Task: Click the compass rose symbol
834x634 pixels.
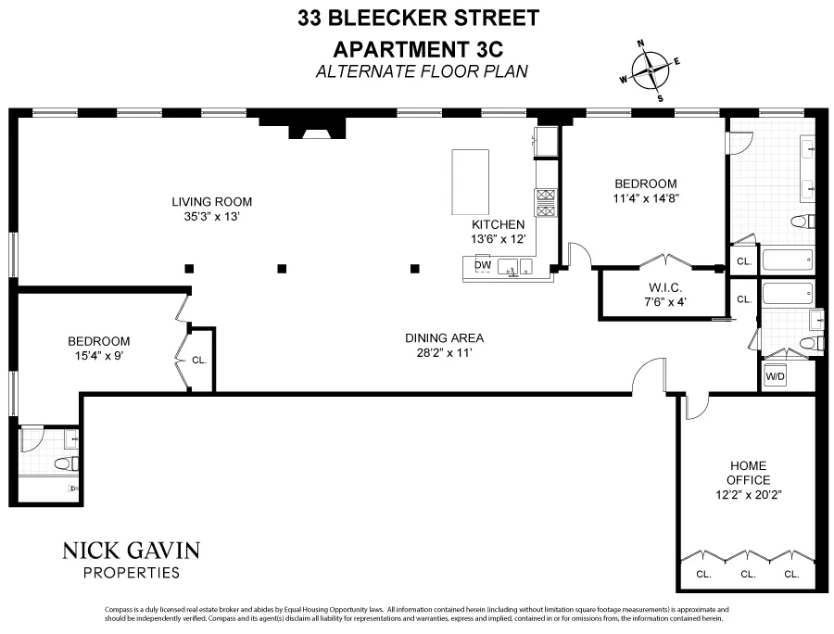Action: point(651,70)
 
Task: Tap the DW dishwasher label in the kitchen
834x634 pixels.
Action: point(482,265)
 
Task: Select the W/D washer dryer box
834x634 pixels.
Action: point(774,377)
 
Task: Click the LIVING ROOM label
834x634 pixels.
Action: point(211,201)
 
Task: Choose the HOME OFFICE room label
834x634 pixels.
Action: point(749,473)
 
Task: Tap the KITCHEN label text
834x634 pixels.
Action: point(499,224)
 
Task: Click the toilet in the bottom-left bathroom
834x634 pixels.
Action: point(66,463)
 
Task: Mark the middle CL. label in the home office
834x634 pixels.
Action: point(747,574)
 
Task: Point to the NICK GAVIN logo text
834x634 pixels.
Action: point(131,551)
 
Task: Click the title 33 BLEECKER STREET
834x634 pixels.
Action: point(416,17)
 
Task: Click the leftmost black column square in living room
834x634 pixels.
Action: point(189,269)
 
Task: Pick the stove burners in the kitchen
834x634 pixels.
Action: point(545,202)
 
